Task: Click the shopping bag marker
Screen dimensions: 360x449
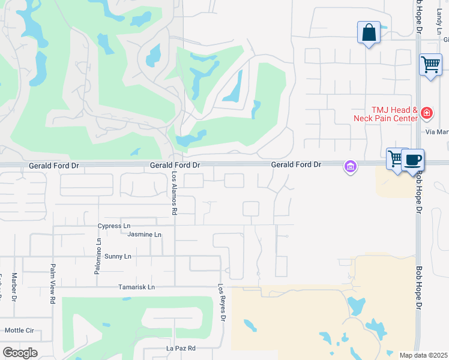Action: tap(369, 32)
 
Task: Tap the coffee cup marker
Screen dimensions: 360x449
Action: tap(413, 160)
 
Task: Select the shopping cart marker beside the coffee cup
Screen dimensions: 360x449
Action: tap(396, 159)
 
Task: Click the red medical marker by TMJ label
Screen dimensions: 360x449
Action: tap(427, 112)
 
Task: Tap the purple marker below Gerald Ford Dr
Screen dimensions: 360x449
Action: tap(350, 166)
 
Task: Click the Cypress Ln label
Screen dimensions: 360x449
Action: tap(114, 226)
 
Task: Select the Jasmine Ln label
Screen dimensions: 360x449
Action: tap(145, 235)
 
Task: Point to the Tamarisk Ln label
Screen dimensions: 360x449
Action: tap(136, 287)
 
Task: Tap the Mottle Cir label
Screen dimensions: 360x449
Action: tap(19, 331)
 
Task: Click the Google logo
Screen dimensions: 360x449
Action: tap(20, 353)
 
